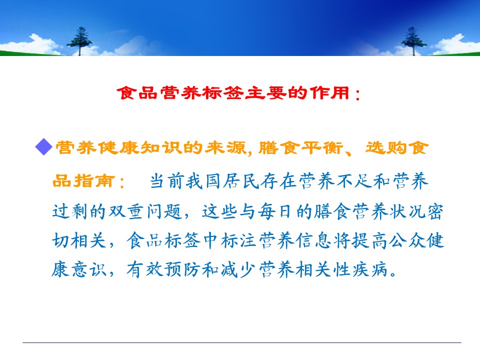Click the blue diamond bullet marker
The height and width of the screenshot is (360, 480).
pyautogui.click(x=44, y=147)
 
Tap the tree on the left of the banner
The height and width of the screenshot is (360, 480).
pyautogui.click(x=79, y=41)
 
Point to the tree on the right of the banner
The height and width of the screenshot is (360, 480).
pyautogui.click(x=413, y=41)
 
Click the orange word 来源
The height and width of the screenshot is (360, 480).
pyautogui.click(x=225, y=147)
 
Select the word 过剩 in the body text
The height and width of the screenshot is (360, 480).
pyautogui.click(x=70, y=211)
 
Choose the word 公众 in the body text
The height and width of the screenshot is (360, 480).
pyautogui.click(x=407, y=240)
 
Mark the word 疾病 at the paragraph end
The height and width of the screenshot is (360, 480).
pyautogui.click(x=370, y=269)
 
